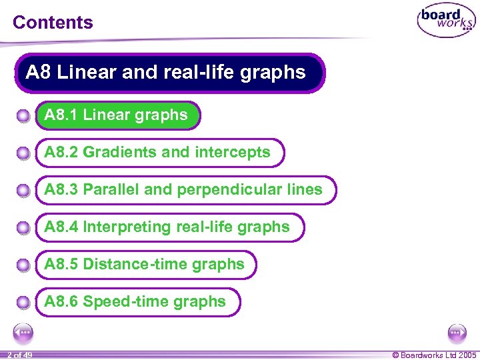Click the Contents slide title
(53, 22)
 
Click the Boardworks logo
(446, 21)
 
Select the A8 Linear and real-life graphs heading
(166, 72)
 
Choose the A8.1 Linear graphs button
(116, 115)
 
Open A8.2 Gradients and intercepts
(157, 153)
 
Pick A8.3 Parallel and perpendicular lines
(183, 190)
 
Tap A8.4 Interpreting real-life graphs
(167, 227)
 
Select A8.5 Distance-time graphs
(144, 265)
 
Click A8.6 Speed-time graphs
(135, 302)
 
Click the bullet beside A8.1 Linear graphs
(23, 117)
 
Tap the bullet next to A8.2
(23, 154)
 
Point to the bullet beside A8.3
(23, 191)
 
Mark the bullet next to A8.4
(23, 229)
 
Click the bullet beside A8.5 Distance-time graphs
(23, 266)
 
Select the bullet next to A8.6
(23, 303)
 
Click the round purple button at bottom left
(23, 331)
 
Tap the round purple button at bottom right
(457, 331)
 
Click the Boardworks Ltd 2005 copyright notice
(435, 355)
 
